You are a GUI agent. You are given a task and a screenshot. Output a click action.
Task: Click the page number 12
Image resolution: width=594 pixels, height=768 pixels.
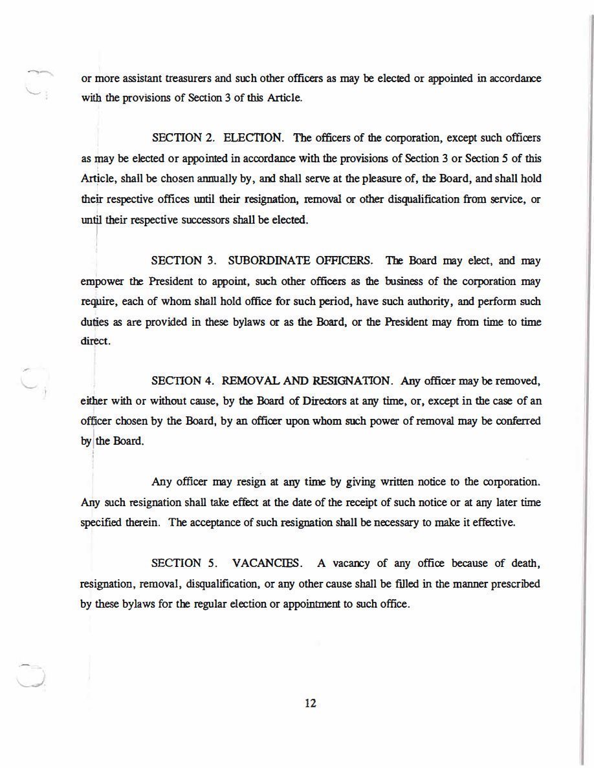tap(310, 704)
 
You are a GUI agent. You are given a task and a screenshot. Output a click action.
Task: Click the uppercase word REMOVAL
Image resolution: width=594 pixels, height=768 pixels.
tap(250, 380)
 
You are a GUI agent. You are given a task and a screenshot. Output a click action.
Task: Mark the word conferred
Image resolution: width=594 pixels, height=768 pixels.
tap(518, 421)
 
